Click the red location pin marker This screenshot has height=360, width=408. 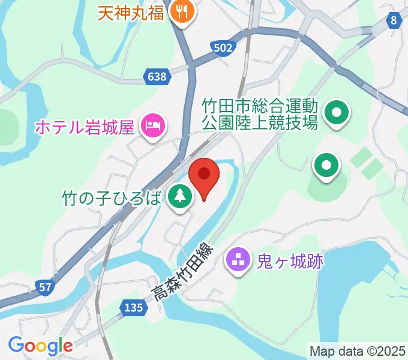204,178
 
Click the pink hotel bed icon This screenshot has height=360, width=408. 152,125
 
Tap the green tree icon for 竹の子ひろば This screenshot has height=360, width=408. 178,196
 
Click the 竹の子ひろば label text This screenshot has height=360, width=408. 112,197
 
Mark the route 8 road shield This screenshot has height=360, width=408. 393,21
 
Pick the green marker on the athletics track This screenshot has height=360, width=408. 326,165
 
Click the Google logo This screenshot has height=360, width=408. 40,346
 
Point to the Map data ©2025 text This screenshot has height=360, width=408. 358,350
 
